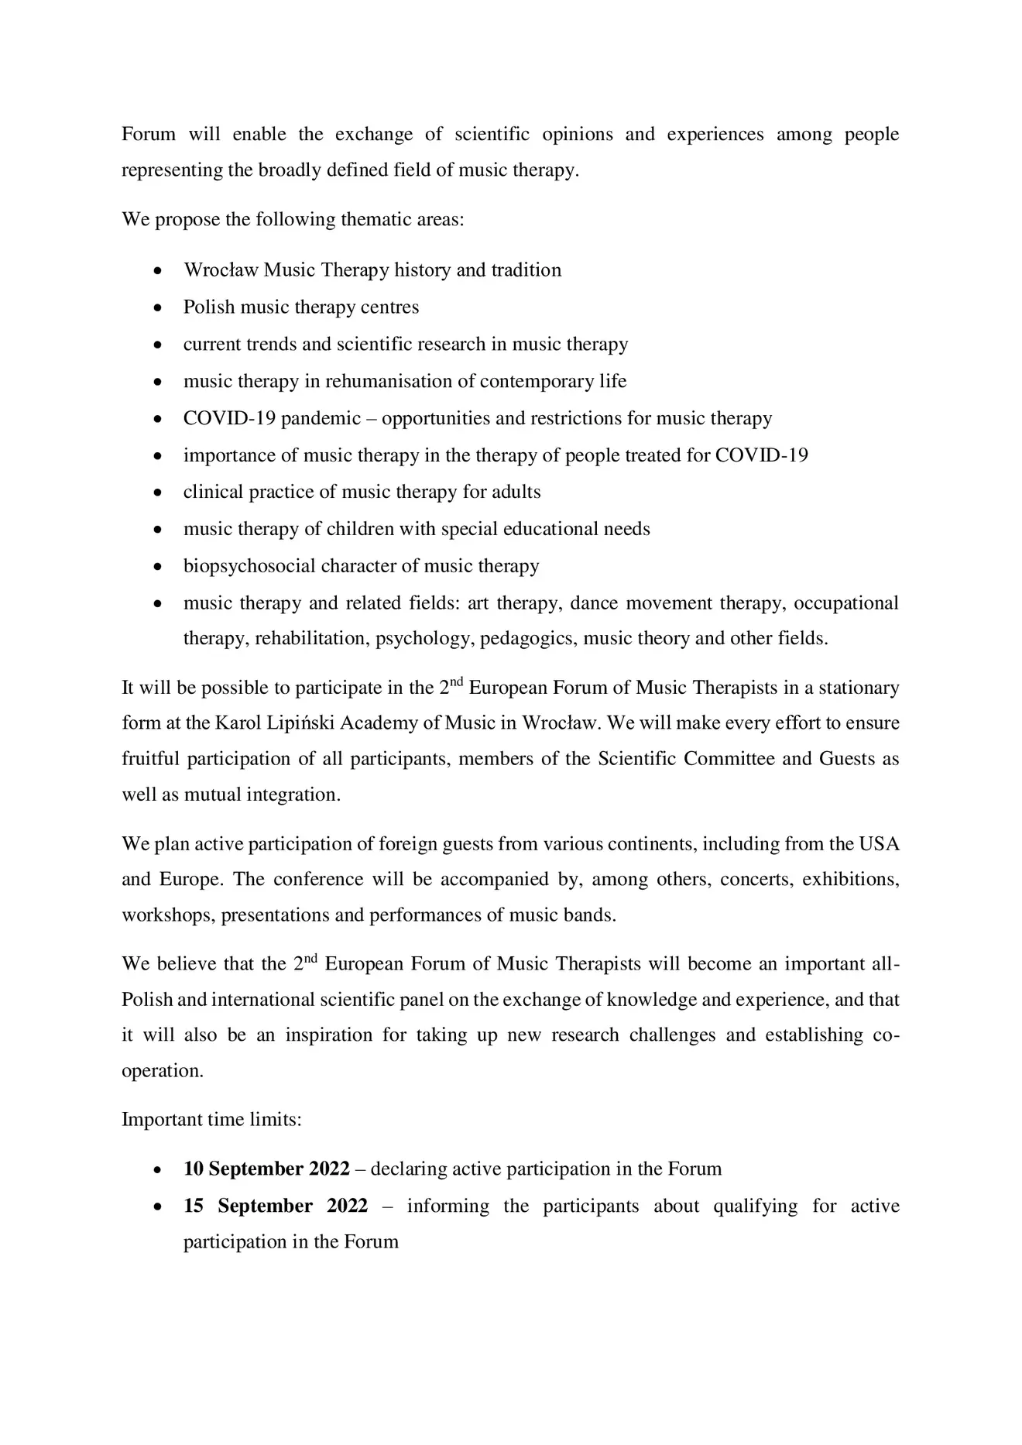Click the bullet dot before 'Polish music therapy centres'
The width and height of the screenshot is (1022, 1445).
(158, 308)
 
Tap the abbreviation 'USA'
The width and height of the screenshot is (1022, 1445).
(880, 844)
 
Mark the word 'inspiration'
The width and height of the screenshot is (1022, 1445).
(329, 1036)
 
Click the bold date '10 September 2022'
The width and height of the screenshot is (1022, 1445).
(266, 1169)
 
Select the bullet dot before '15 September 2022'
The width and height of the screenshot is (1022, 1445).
(158, 1207)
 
